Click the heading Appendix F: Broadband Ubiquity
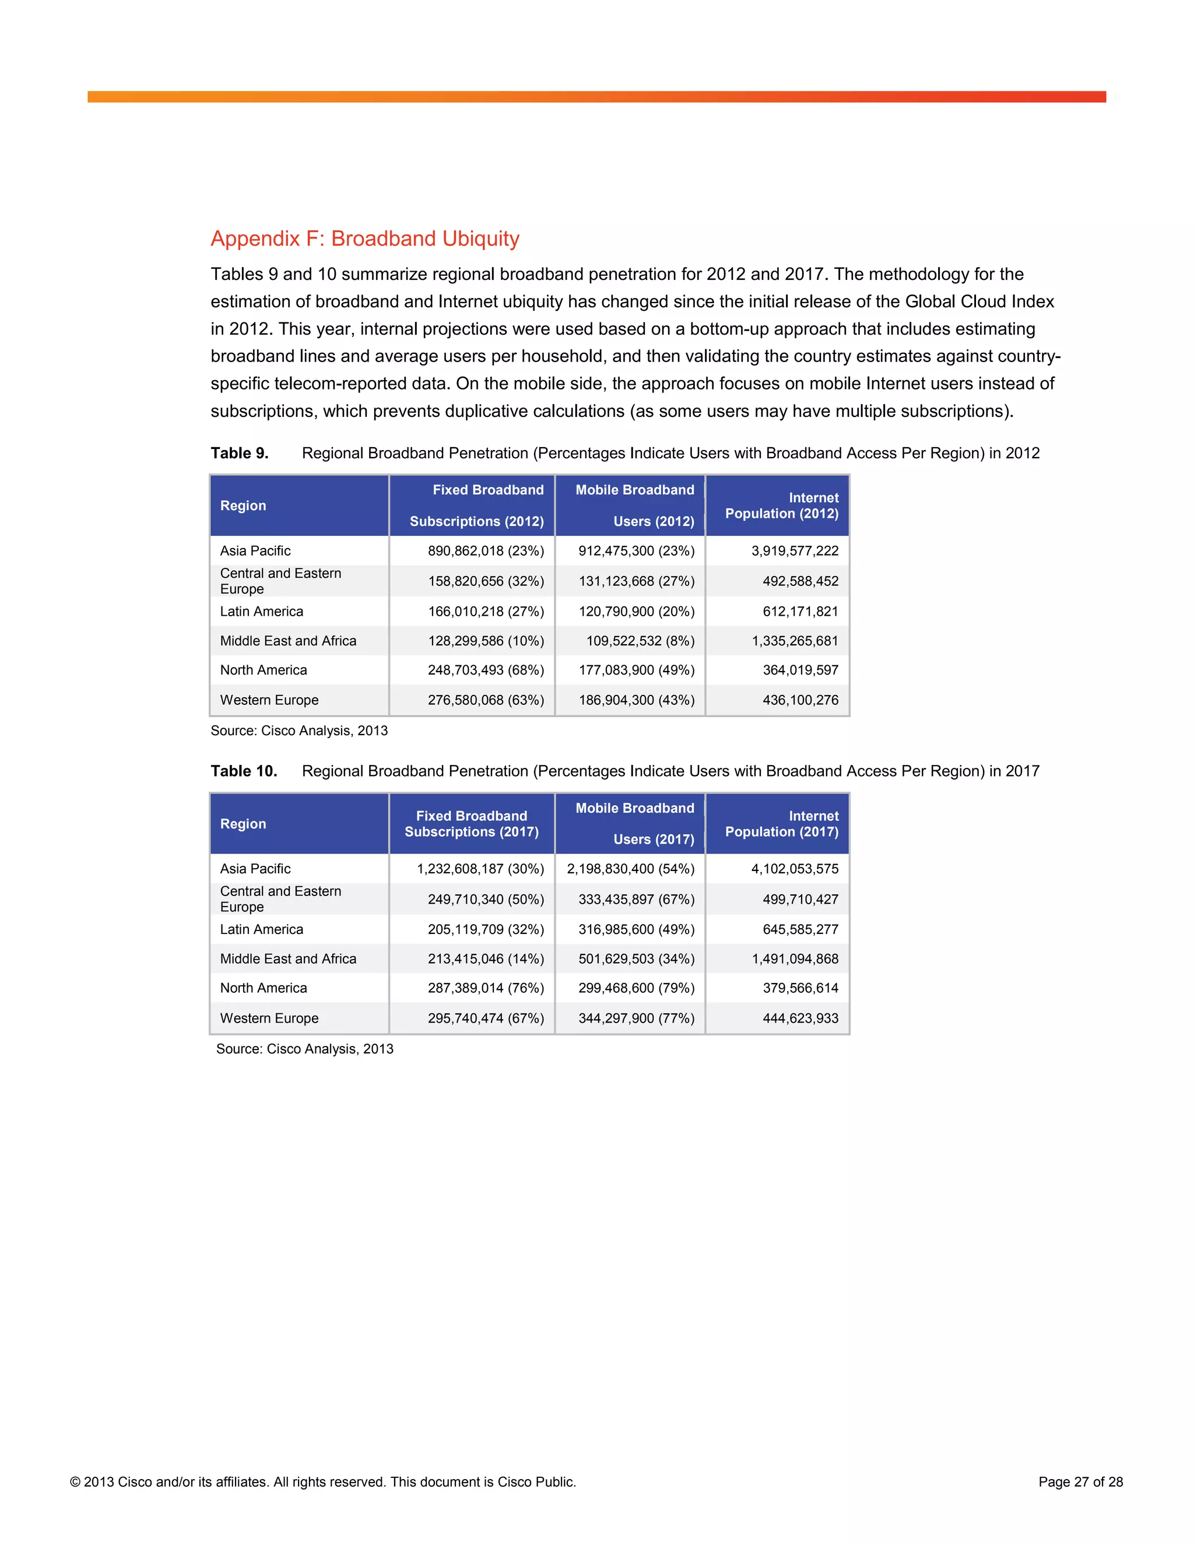(365, 238)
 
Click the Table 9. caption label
(239, 453)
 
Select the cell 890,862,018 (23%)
(486, 550)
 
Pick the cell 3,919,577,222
(795, 550)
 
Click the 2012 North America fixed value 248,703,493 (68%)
(486, 670)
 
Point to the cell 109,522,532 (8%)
(640, 641)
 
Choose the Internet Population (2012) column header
(782, 506)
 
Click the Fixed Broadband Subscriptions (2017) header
(472, 824)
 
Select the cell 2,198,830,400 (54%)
(630, 869)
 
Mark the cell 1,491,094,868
(795, 958)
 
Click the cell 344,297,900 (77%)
(637, 1018)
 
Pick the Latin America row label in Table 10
(262, 929)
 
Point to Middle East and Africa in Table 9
(288, 641)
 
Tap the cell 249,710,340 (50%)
(486, 899)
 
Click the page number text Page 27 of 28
(1080, 1482)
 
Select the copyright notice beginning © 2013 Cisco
(323, 1482)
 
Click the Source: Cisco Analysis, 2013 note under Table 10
(304, 1049)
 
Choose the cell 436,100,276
(800, 700)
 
